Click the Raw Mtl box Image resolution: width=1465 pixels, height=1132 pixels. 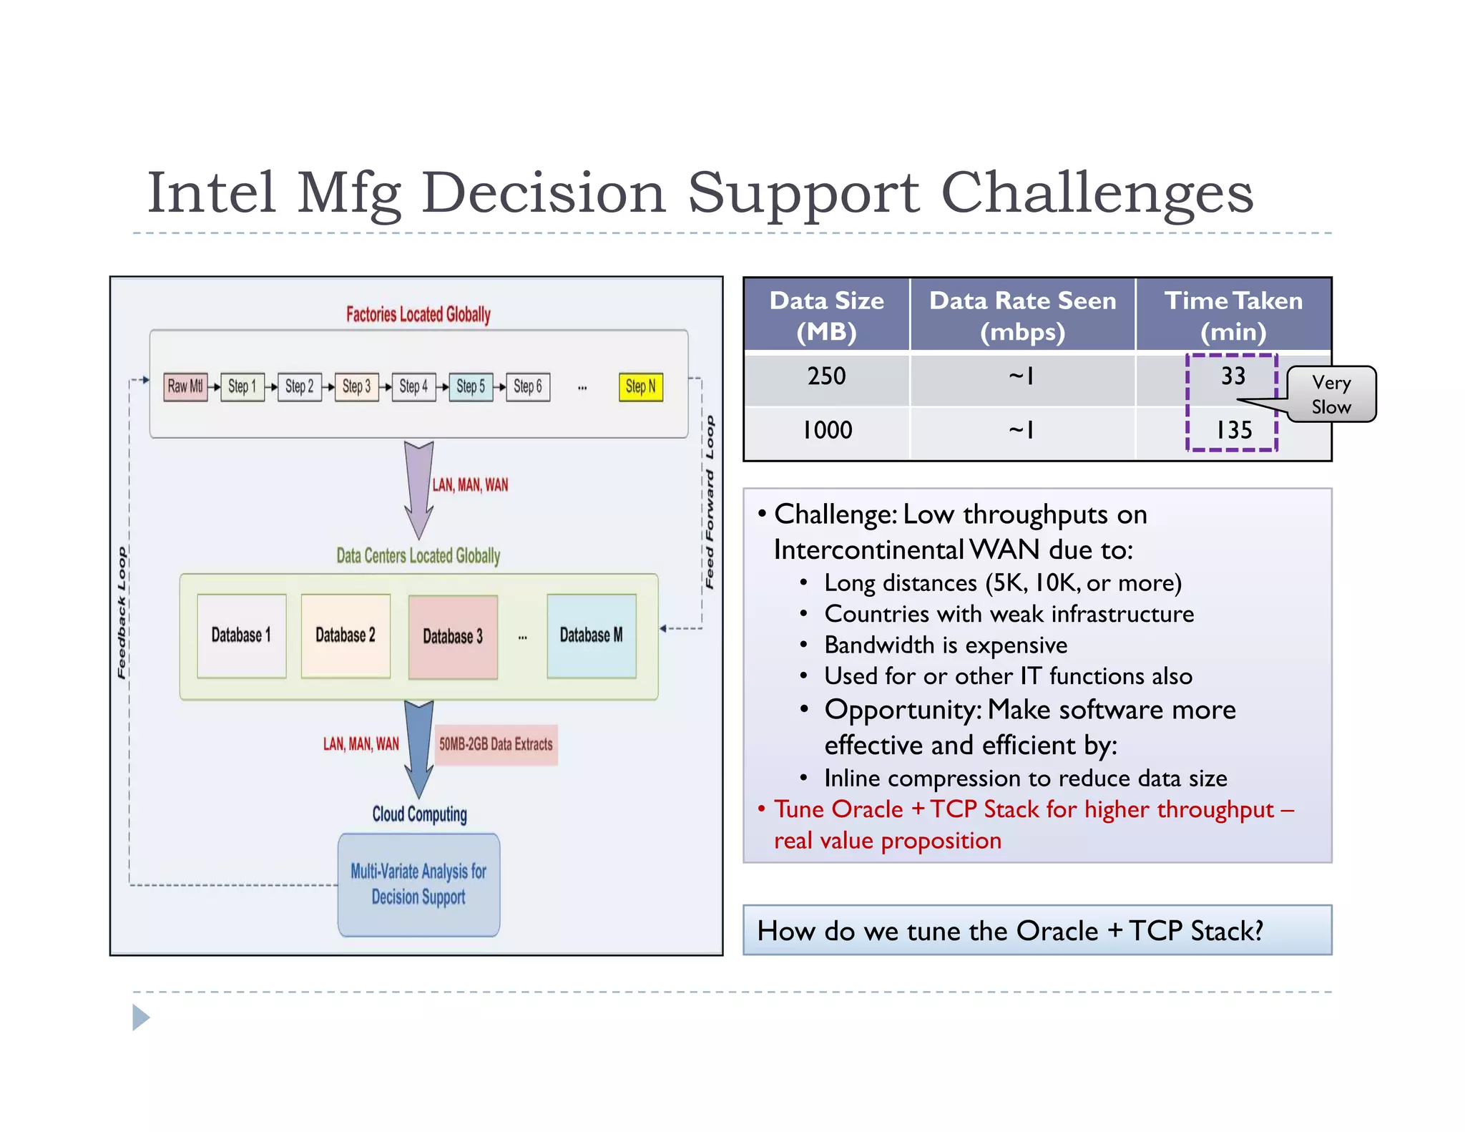tap(185, 387)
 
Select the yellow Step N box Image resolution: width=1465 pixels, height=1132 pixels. tap(640, 387)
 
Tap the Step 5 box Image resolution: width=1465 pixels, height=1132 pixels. tap(471, 387)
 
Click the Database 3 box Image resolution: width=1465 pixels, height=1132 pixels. tap(453, 636)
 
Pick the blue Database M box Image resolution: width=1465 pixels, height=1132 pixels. tap(592, 635)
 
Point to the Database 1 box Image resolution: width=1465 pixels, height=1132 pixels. tap(242, 635)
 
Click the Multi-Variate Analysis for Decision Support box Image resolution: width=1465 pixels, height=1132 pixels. tap(418, 884)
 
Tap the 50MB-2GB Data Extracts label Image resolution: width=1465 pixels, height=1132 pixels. tap(496, 744)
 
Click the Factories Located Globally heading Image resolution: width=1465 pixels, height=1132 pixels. tap(418, 314)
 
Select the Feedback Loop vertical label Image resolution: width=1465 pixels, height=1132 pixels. tap(122, 613)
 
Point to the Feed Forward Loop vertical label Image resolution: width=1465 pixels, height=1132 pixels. tap(710, 502)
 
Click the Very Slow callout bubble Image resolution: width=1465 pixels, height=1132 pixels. tap(1331, 394)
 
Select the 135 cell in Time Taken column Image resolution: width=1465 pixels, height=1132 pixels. tap(1234, 430)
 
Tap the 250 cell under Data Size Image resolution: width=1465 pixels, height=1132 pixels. tap(826, 376)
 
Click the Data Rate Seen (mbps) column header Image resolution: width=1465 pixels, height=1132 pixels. tap(1022, 316)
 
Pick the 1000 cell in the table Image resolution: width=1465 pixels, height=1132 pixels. tap(827, 430)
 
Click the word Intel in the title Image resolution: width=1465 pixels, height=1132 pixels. tap(212, 192)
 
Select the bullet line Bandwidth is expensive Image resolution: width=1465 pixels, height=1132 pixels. tap(945, 645)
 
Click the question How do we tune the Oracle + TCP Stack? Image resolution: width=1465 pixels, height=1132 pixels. tap(1010, 931)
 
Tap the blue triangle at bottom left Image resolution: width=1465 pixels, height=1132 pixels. tap(140, 1018)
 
